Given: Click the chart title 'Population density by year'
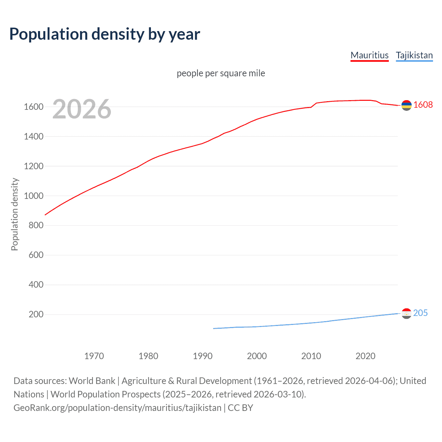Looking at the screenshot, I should pyautogui.click(x=105, y=34).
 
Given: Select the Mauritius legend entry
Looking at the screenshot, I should pyautogui.click(x=369, y=55).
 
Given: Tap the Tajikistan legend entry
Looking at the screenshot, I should pyautogui.click(x=414, y=55).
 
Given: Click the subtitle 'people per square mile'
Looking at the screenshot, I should pyautogui.click(x=221, y=73).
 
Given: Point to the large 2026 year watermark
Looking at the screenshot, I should pyautogui.click(x=82, y=109).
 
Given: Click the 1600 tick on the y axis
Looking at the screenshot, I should pyautogui.click(x=33, y=107).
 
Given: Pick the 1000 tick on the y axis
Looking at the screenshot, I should pyautogui.click(x=33, y=196).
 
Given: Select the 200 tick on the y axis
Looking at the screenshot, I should pyautogui.click(x=36, y=314).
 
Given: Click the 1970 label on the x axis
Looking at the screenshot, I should pyautogui.click(x=94, y=356).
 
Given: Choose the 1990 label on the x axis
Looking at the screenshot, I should pyautogui.click(x=203, y=356).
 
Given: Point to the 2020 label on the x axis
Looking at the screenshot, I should pyautogui.click(x=365, y=356).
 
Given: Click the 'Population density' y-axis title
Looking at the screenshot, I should pyautogui.click(x=15, y=214).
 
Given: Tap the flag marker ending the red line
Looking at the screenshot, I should pyautogui.click(x=406, y=105).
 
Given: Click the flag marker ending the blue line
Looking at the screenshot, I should pyautogui.click(x=406, y=313).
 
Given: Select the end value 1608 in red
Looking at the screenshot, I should pyautogui.click(x=423, y=105).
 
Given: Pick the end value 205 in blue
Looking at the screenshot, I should pyautogui.click(x=420, y=313).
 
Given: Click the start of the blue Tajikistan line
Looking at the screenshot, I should pyautogui.click(x=214, y=328).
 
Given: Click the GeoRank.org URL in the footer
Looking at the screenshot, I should pyautogui.click(x=117, y=408).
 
